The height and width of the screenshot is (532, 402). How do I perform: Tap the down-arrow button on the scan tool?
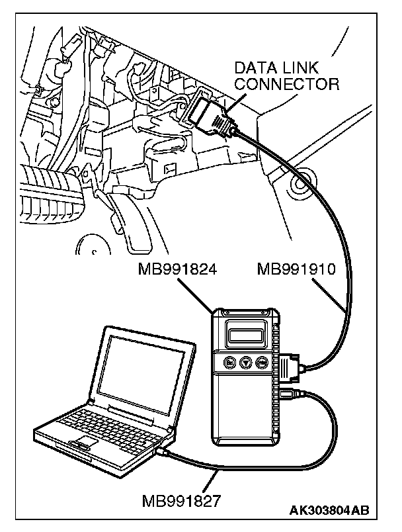coord(246,362)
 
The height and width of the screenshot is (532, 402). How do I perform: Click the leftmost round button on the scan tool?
coord(229,362)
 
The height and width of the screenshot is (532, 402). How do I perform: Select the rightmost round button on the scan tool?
coord(262,362)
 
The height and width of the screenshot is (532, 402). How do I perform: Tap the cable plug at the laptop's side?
coord(163,452)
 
